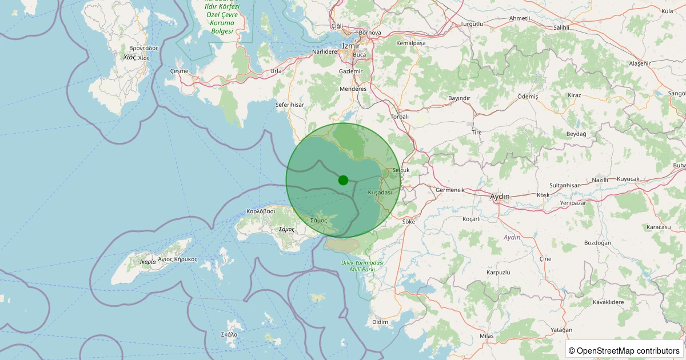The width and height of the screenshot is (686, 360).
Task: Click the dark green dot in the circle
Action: [x=343, y=180]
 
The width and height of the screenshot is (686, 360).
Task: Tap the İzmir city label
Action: [x=350, y=45]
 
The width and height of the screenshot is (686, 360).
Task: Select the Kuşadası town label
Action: [x=380, y=193]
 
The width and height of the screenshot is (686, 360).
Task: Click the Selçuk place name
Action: [x=401, y=170]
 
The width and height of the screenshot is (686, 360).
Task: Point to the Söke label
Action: [x=409, y=221]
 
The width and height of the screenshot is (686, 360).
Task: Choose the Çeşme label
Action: [x=179, y=70]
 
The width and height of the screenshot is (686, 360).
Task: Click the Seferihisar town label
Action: [x=290, y=105]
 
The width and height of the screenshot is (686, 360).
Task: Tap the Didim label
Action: [x=380, y=322]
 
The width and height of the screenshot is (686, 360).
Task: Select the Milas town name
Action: [x=486, y=335]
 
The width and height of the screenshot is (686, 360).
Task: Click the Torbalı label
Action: [x=399, y=117]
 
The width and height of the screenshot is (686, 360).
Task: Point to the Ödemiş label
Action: [x=528, y=97]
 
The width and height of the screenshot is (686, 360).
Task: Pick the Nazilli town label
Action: [x=600, y=179]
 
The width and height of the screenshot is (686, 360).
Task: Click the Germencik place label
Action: [x=450, y=190]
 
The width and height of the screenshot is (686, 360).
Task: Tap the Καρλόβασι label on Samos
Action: [x=261, y=211]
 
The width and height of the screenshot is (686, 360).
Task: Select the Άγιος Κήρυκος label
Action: [x=178, y=259]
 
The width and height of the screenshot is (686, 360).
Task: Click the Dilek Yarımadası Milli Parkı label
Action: [x=362, y=266]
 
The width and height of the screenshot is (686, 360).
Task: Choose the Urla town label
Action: [x=276, y=71]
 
